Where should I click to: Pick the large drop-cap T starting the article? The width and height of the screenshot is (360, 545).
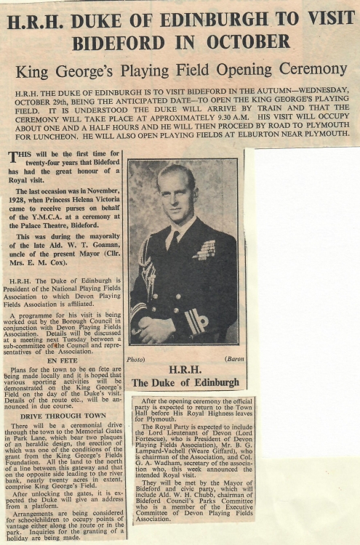[14, 158]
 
